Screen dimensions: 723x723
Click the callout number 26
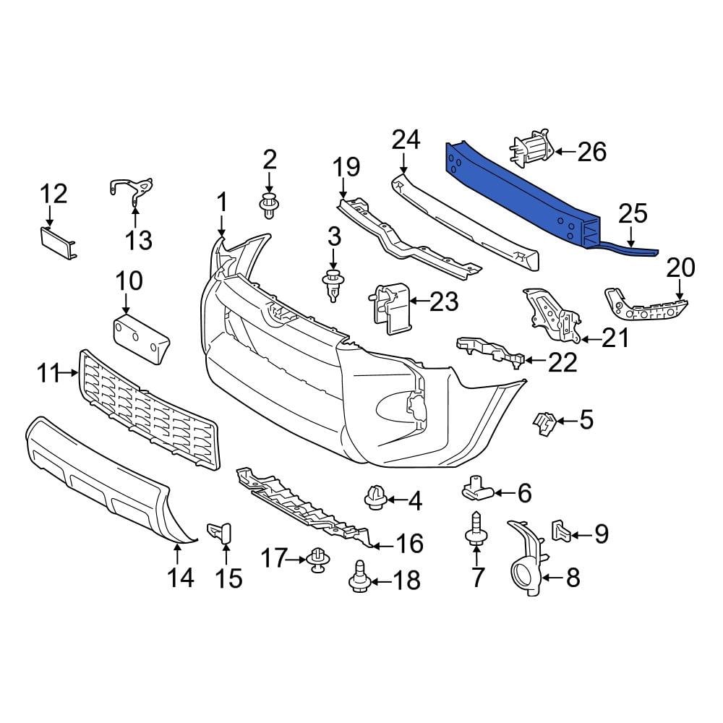click(592, 152)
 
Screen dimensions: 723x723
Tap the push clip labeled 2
click(269, 205)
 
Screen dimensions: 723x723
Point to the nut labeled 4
click(375, 498)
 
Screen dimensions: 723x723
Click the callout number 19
click(346, 168)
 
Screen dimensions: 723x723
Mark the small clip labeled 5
click(542, 424)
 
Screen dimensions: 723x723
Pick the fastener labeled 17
click(317, 560)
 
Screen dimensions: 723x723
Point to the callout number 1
click(222, 202)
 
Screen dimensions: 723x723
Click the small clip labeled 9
click(561, 531)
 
